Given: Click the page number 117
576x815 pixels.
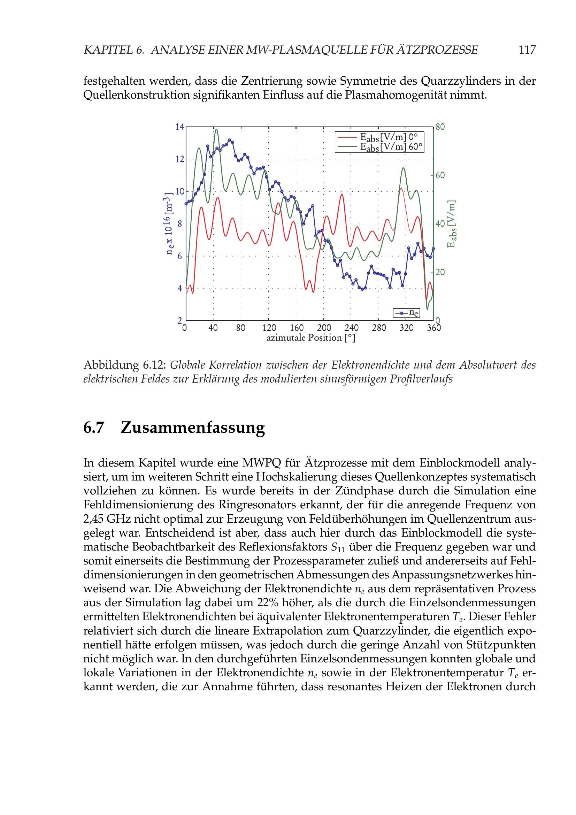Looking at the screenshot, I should [x=527, y=50].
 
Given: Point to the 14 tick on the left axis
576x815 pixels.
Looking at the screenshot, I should [x=179, y=127].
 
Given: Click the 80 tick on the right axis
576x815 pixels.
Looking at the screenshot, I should [x=440, y=127].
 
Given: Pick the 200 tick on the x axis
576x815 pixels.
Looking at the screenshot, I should [x=324, y=328].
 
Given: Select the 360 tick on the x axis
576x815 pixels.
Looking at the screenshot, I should [x=434, y=328].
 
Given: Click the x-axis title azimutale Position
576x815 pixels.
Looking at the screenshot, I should [x=310, y=338].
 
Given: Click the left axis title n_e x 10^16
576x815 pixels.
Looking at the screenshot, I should [x=169, y=224].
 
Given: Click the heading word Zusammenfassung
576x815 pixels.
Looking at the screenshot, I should [x=193, y=428].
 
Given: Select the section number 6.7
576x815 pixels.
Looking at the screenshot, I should [x=94, y=428].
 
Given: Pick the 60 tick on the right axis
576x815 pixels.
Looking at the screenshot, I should [x=440, y=175].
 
